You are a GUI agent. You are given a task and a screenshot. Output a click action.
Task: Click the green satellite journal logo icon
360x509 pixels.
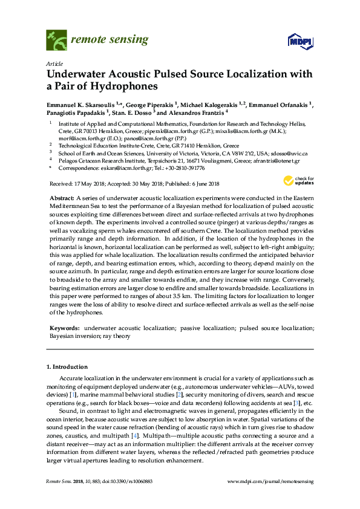(x=56, y=40)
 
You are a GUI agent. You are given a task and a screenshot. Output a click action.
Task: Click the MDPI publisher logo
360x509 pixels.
(x=296, y=41)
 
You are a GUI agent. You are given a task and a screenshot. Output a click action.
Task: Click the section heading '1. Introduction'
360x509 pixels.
(x=67, y=366)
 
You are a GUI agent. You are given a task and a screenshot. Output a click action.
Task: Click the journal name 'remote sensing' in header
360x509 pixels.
(x=110, y=40)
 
